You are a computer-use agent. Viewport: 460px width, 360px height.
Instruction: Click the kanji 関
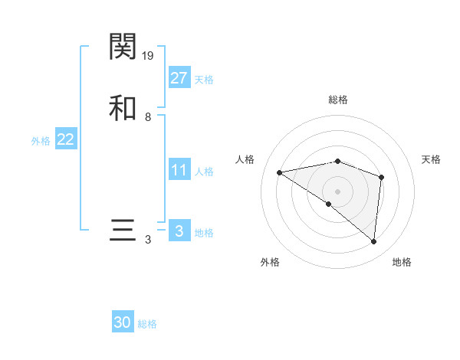(123, 47)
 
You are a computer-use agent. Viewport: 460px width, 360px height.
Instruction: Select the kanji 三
(123, 231)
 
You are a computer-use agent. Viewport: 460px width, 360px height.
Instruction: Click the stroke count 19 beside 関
(149, 55)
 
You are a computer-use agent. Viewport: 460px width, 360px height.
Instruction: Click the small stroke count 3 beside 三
(148, 240)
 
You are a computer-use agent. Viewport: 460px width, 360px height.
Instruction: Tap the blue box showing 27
(179, 78)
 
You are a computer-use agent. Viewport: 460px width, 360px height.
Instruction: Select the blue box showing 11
(179, 170)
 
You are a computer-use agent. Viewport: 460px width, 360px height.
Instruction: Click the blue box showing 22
(66, 139)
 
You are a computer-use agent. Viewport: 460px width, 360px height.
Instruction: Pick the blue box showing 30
(123, 322)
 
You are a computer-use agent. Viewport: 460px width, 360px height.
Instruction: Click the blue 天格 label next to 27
(204, 80)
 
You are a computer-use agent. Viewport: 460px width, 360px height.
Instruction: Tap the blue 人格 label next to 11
(204, 172)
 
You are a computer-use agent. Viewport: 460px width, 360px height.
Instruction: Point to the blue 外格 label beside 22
(41, 141)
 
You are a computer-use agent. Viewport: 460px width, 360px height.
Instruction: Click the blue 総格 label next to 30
(147, 324)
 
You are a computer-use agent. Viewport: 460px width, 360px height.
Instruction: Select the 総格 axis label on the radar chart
(338, 100)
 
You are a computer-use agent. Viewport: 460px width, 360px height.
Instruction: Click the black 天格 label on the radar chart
(431, 159)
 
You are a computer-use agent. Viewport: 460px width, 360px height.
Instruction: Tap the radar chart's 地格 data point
(374, 241)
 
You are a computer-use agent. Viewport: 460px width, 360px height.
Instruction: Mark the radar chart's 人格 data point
(280, 172)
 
